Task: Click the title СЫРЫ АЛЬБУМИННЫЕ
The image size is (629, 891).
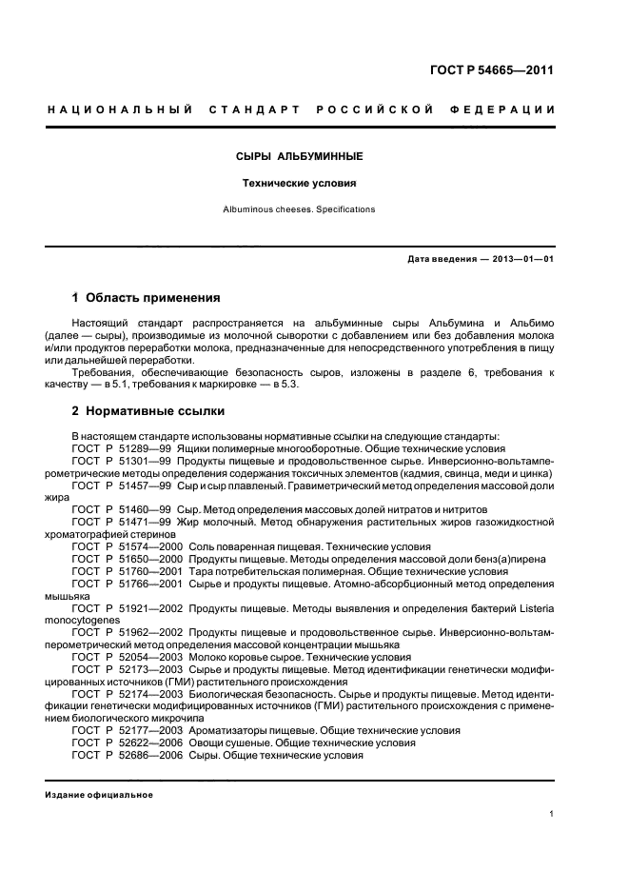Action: [299, 155]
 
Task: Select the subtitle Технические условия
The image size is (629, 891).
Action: [299, 182]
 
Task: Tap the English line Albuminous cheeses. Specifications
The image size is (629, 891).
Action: [299, 208]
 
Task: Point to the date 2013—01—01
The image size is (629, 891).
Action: [522, 260]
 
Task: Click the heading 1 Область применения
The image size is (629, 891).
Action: [146, 297]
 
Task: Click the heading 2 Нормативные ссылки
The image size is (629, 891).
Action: [148, 411]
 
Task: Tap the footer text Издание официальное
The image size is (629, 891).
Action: [99, 795]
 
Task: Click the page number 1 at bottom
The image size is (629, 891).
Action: [552, 814]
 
